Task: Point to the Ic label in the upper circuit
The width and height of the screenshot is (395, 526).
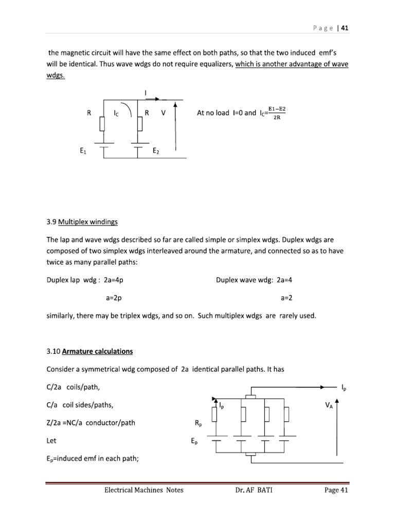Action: (x=117, y=114)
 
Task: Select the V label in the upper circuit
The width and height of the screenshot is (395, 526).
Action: (x=163, y=114)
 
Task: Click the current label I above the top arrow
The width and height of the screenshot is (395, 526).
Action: (x=146, y=92)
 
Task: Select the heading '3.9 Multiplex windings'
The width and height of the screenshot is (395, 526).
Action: (x=82, y=222)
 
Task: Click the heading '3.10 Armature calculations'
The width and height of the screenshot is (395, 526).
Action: (x=89, y=351)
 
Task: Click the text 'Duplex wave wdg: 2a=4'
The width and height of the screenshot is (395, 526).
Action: (x=254, y=280)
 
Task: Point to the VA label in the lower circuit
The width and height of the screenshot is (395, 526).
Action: (x=328, y=405)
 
